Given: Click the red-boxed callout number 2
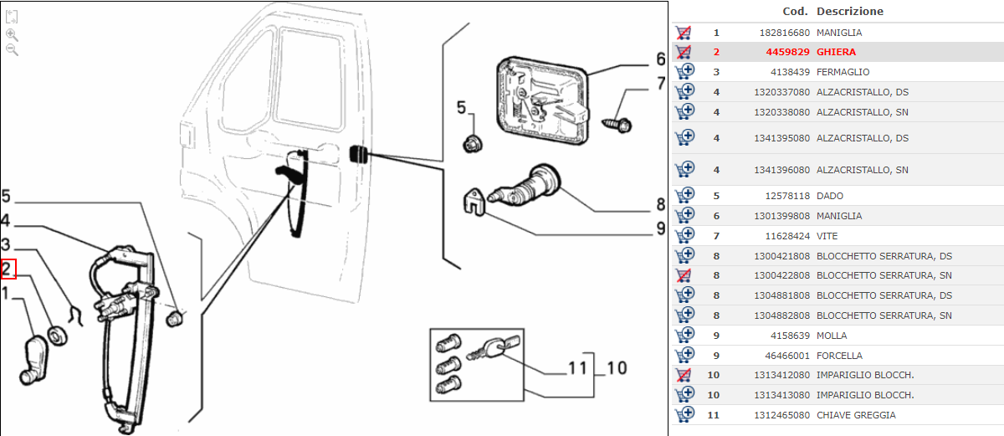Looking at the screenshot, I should point(8,269).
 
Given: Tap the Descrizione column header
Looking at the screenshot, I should point(849,12).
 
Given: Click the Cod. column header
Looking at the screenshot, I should point(795,12).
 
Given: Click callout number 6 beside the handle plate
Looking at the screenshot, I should point(660,59).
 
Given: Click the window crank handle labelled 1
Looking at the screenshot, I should point(36,358).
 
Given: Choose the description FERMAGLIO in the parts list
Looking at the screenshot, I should point(843,72).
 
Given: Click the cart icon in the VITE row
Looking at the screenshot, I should point(684,236).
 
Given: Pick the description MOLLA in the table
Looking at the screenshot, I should point(832,336).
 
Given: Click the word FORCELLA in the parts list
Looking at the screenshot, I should point(839,356).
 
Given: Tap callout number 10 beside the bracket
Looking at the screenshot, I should point(617,368).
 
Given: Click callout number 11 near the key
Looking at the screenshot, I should point(577,368).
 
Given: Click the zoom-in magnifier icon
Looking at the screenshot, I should point(12,34).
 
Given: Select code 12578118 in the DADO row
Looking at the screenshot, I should point(786,196).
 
